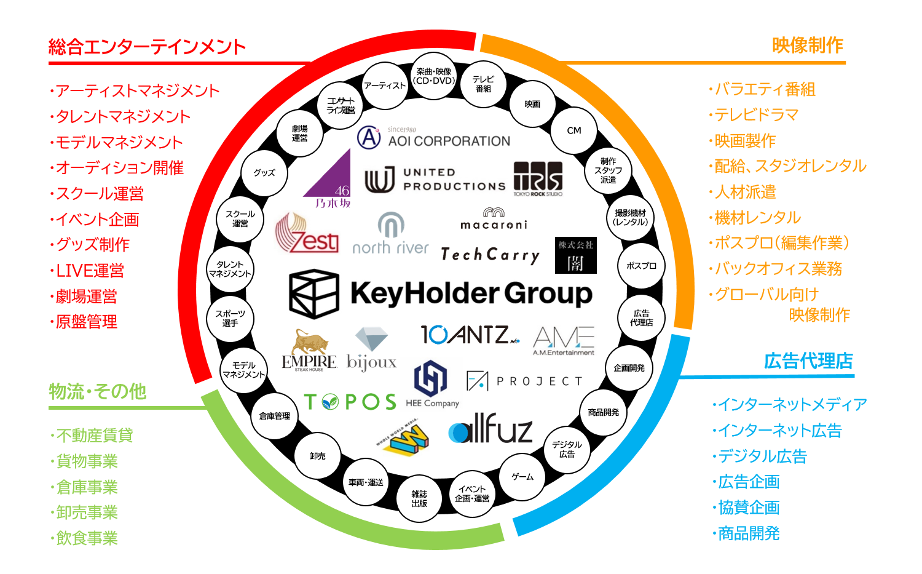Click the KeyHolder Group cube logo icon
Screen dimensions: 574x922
click(x=314, y=293)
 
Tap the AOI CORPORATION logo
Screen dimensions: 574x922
click(x=434, y=137)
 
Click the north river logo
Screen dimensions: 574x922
click(x=390, y=234)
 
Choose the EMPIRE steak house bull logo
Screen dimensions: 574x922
click(x=309, y=350)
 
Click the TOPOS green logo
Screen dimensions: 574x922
click(x=350, y=402)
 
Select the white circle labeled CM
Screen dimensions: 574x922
click(x=574, y=130)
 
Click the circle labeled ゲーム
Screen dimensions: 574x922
click(x=522, y=477)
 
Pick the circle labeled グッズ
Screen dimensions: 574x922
click(x=264, y=173)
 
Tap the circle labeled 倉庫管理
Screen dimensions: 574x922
click(x=274, y=416)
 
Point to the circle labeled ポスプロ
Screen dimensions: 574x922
click(x=641, y=266)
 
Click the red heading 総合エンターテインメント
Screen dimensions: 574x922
click(x=147, y=47)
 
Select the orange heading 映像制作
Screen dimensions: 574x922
click(x=807, y=46)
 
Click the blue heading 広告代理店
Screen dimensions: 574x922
click(x=808, y=361)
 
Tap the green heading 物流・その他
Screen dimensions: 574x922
click(x=98, y=392)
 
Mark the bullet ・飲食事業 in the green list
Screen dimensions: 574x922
click(x=84, y=538)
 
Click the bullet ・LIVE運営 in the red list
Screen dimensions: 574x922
click(x=87, y=271)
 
